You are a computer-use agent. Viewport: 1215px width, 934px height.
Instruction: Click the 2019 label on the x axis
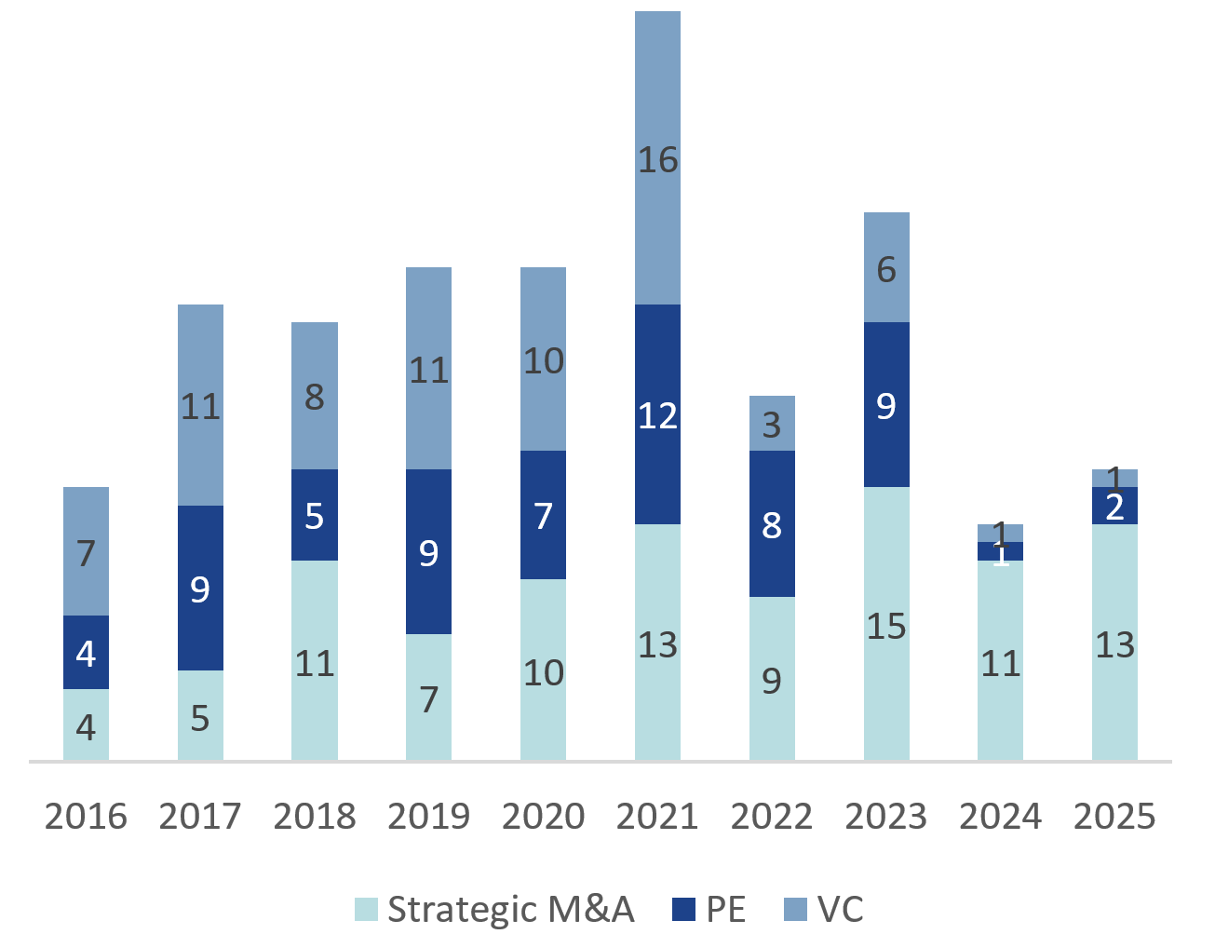(x=428, y=817)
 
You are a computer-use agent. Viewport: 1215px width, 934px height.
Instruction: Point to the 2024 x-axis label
(x=1000, y=817)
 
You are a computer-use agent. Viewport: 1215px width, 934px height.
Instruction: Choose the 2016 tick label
(x=86, y=817)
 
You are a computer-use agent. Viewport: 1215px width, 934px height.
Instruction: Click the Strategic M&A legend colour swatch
(x=367, y=909)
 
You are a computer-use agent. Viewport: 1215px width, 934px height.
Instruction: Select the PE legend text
(x=726, y=909)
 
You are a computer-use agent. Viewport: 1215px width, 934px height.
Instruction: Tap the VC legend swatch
(x=796, y=909)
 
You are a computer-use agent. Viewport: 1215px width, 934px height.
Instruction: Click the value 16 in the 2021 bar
(x=657, y=160)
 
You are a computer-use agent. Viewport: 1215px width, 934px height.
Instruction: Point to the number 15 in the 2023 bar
(x=886, y=627)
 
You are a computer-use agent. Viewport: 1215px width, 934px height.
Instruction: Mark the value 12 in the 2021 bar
(x=657, y=415)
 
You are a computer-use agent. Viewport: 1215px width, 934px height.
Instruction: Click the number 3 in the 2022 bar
(x=772, y=425)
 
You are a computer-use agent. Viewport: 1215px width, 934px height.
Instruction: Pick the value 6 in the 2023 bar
(x=886, y=270)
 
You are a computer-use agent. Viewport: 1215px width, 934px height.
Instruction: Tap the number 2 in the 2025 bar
(x=1114, y=508)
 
